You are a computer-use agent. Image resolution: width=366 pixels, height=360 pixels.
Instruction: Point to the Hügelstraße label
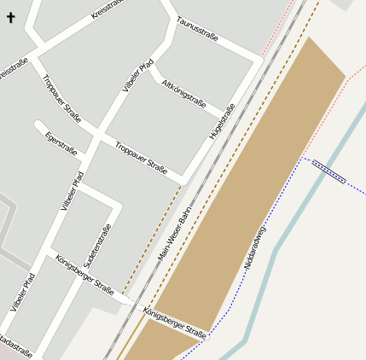(x=222, y=121)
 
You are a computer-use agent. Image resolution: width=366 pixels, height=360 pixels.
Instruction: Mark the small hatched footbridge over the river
(x=328, y=171)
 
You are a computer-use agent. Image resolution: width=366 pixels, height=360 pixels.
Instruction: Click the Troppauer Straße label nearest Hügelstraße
(x=141, y=154)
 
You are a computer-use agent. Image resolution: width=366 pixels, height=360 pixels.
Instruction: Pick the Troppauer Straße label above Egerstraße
(x=61, y=100)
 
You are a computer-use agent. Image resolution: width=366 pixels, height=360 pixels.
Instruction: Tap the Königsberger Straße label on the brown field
(x=175, y=322)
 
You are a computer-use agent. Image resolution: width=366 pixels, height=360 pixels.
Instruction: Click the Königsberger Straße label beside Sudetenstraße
(x=84, y=273)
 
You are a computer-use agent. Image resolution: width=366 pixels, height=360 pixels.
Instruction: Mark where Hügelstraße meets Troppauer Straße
(x=182, y=180)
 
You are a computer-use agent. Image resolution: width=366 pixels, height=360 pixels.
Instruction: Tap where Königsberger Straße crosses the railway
(x=133, y=305)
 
